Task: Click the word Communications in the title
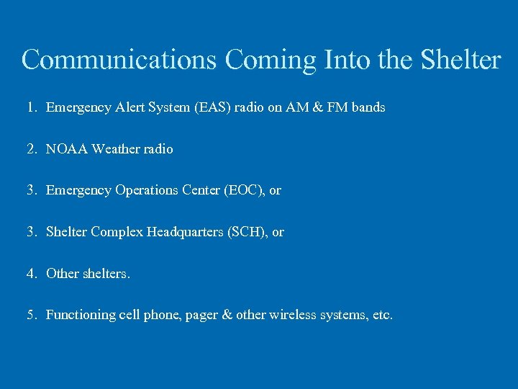pos(119,60)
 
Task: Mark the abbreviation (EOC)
pos(245,191)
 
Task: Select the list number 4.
pos(31,274)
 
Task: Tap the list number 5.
pos(31,315)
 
